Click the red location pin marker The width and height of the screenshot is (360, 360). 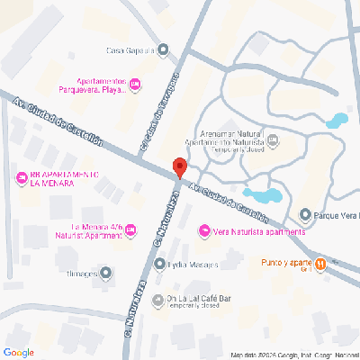[179, 167]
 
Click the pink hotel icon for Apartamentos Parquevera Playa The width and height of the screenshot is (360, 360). [135, 85]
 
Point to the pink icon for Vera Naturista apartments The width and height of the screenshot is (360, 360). [203, 232]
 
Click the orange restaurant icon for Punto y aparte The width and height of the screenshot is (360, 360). [320, 262]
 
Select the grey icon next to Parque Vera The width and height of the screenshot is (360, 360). [305, 215]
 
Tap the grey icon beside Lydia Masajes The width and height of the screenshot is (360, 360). [158, 265]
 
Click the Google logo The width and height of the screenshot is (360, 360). [18, 351]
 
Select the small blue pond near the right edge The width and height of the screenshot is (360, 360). [337, 118]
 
